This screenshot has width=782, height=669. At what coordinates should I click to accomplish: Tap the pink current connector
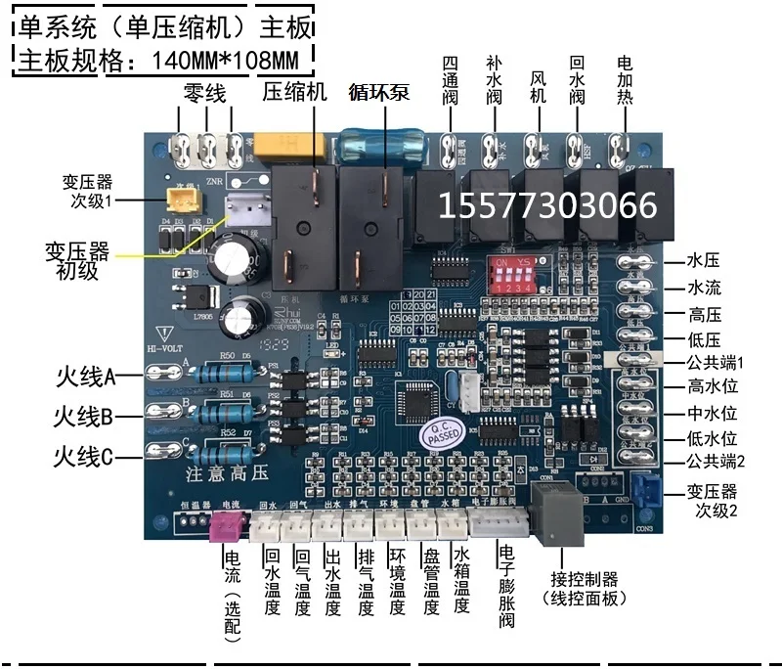pos(224,527)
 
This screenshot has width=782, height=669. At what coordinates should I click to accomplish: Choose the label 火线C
pos(84,455)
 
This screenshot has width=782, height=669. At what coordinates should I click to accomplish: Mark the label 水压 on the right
pos(704,261)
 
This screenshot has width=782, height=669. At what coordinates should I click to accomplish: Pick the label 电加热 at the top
pos(624,83)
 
